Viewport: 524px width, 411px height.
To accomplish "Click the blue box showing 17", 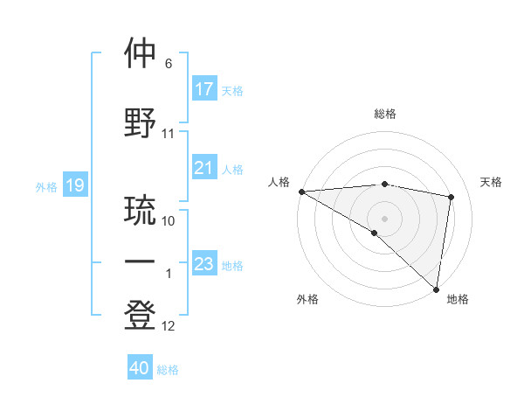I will [204, 89].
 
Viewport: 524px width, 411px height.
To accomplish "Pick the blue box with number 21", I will [204, 168].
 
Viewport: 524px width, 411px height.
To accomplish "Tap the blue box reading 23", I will [204, 264].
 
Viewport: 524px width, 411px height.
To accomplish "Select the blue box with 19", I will [74, 185].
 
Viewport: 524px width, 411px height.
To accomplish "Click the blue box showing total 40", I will [140, 368].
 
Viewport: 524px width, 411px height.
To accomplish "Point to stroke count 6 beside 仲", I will [169, 64].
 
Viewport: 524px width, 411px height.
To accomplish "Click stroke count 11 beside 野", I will [169, 134].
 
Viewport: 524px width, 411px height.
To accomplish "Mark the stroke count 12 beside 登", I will [169, 326].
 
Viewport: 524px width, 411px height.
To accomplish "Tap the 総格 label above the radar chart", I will [384, 114].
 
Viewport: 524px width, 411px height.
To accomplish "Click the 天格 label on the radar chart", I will [491, 182].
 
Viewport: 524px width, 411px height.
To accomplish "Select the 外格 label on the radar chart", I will [307, 299].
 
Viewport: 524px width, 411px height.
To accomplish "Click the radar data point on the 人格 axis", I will [301, 192].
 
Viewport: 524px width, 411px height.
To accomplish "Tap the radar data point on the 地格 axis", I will [436, 289].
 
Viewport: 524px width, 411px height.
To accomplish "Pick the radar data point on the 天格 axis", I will [452, 197].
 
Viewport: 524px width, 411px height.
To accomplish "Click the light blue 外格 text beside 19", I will [46, 186].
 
